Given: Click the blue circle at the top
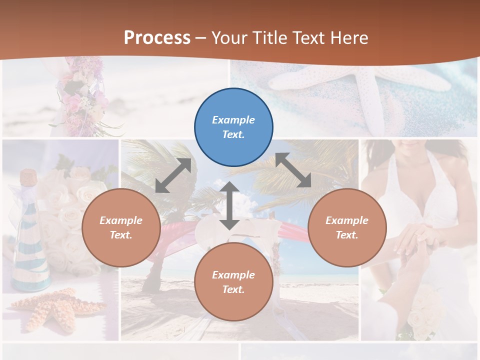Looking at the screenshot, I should click(x=233, y=127).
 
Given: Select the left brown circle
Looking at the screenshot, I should click(x=121, y=227).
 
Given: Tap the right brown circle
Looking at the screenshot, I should click(x=347, y=227).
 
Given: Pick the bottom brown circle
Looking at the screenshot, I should click(x=233, y=282).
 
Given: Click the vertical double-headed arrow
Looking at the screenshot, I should click(x=229, y=205).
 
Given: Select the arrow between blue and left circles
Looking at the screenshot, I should click(x=173, y=175).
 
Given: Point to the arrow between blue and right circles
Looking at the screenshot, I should click(x=293, y=170).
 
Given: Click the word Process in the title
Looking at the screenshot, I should click(x=157, y=38).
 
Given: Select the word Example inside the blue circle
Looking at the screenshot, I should click(x=233, y=120).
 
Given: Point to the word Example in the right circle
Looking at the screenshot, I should click(x=347, y=220).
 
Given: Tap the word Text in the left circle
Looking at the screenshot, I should click(x=120, y=235).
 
